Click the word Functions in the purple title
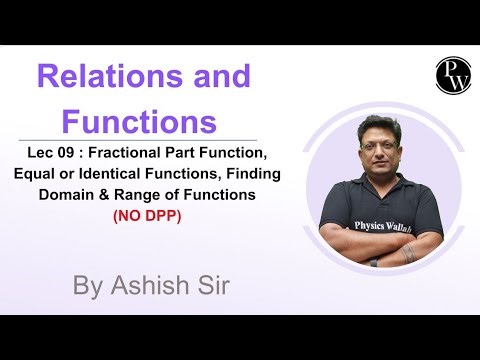(139, 122)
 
